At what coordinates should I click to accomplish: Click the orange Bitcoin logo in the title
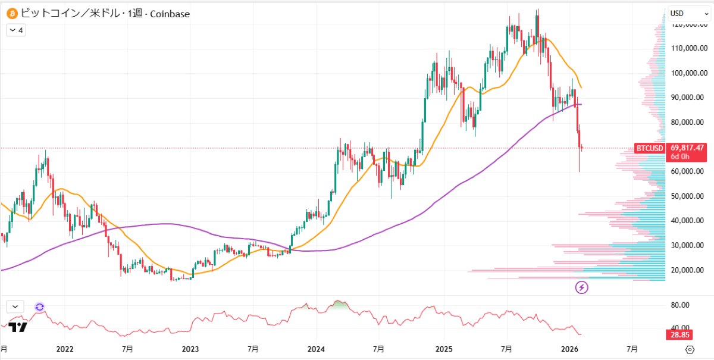point(11,13)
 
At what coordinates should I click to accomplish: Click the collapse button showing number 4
point(16,30)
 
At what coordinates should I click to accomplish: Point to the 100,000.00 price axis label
point(688,73)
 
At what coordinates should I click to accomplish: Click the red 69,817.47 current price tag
point(687,148)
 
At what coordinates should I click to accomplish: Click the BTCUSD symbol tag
point(649,148)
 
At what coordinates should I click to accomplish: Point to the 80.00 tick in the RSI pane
point(680,305)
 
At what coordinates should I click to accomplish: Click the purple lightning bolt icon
point(582,288)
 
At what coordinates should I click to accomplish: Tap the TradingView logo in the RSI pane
point(18,327)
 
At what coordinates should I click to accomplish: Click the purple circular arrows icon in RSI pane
point(39,307)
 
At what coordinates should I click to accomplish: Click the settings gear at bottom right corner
point(690,349)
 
